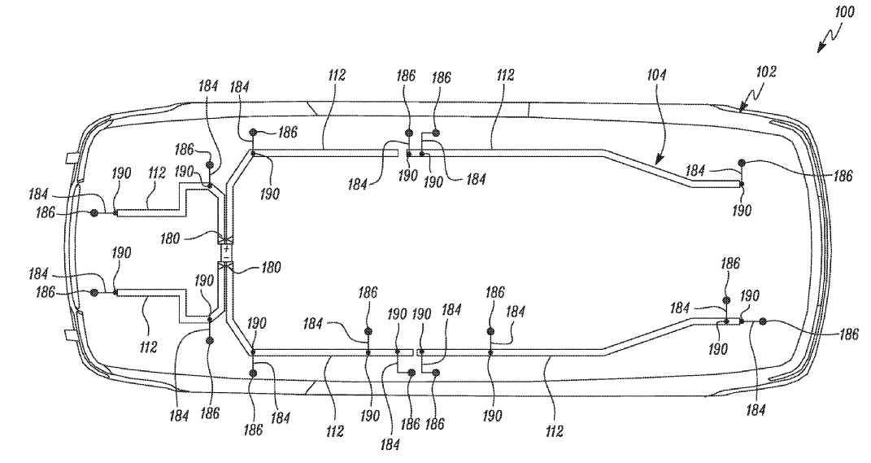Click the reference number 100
click(x=844, y=11)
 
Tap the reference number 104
click(x=656, y=75)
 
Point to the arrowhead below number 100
click(x=821, y=49)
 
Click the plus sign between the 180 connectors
click(x=225, y=249)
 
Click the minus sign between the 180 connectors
click(x=225, y=256)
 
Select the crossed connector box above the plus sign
click(x=225, y=240)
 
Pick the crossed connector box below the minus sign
click(x=225, y=268)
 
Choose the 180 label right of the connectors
click(x=271, y=268)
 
